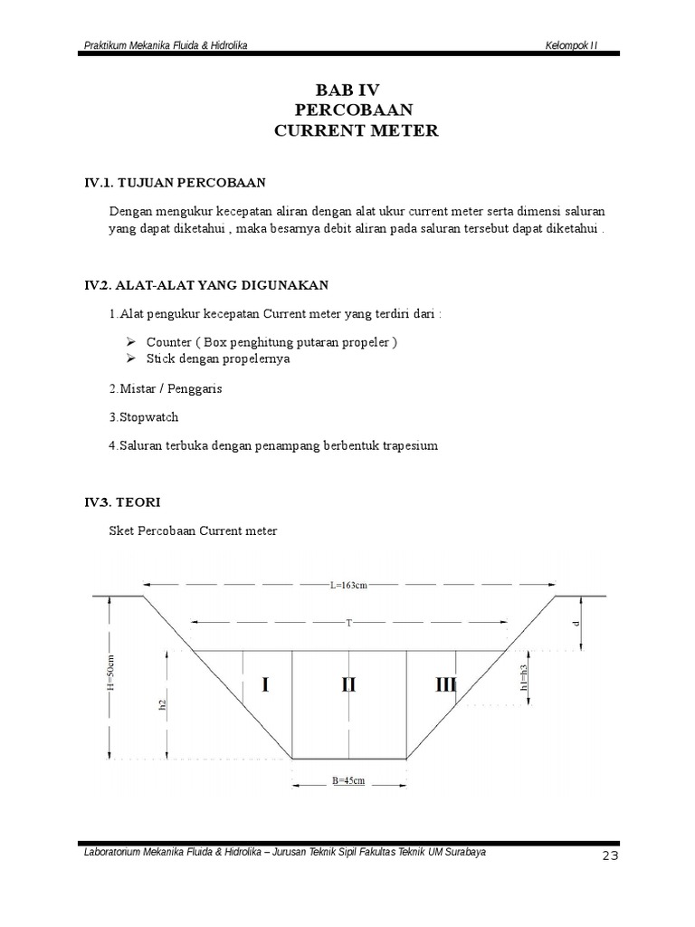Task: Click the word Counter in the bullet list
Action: coord(169,342)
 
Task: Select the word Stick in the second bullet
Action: coord(160,358)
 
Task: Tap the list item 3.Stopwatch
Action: coord(143,417)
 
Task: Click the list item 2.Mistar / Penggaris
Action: coord(165,388)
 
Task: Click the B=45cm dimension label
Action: coord(347,779)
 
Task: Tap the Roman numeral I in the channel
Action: coord(265,685)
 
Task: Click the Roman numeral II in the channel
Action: coord(348,685)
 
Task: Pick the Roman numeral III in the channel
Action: coord(445,685)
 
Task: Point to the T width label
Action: coord(348,623)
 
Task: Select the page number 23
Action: coord(609,857)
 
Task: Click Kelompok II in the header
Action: coord(572,45)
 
